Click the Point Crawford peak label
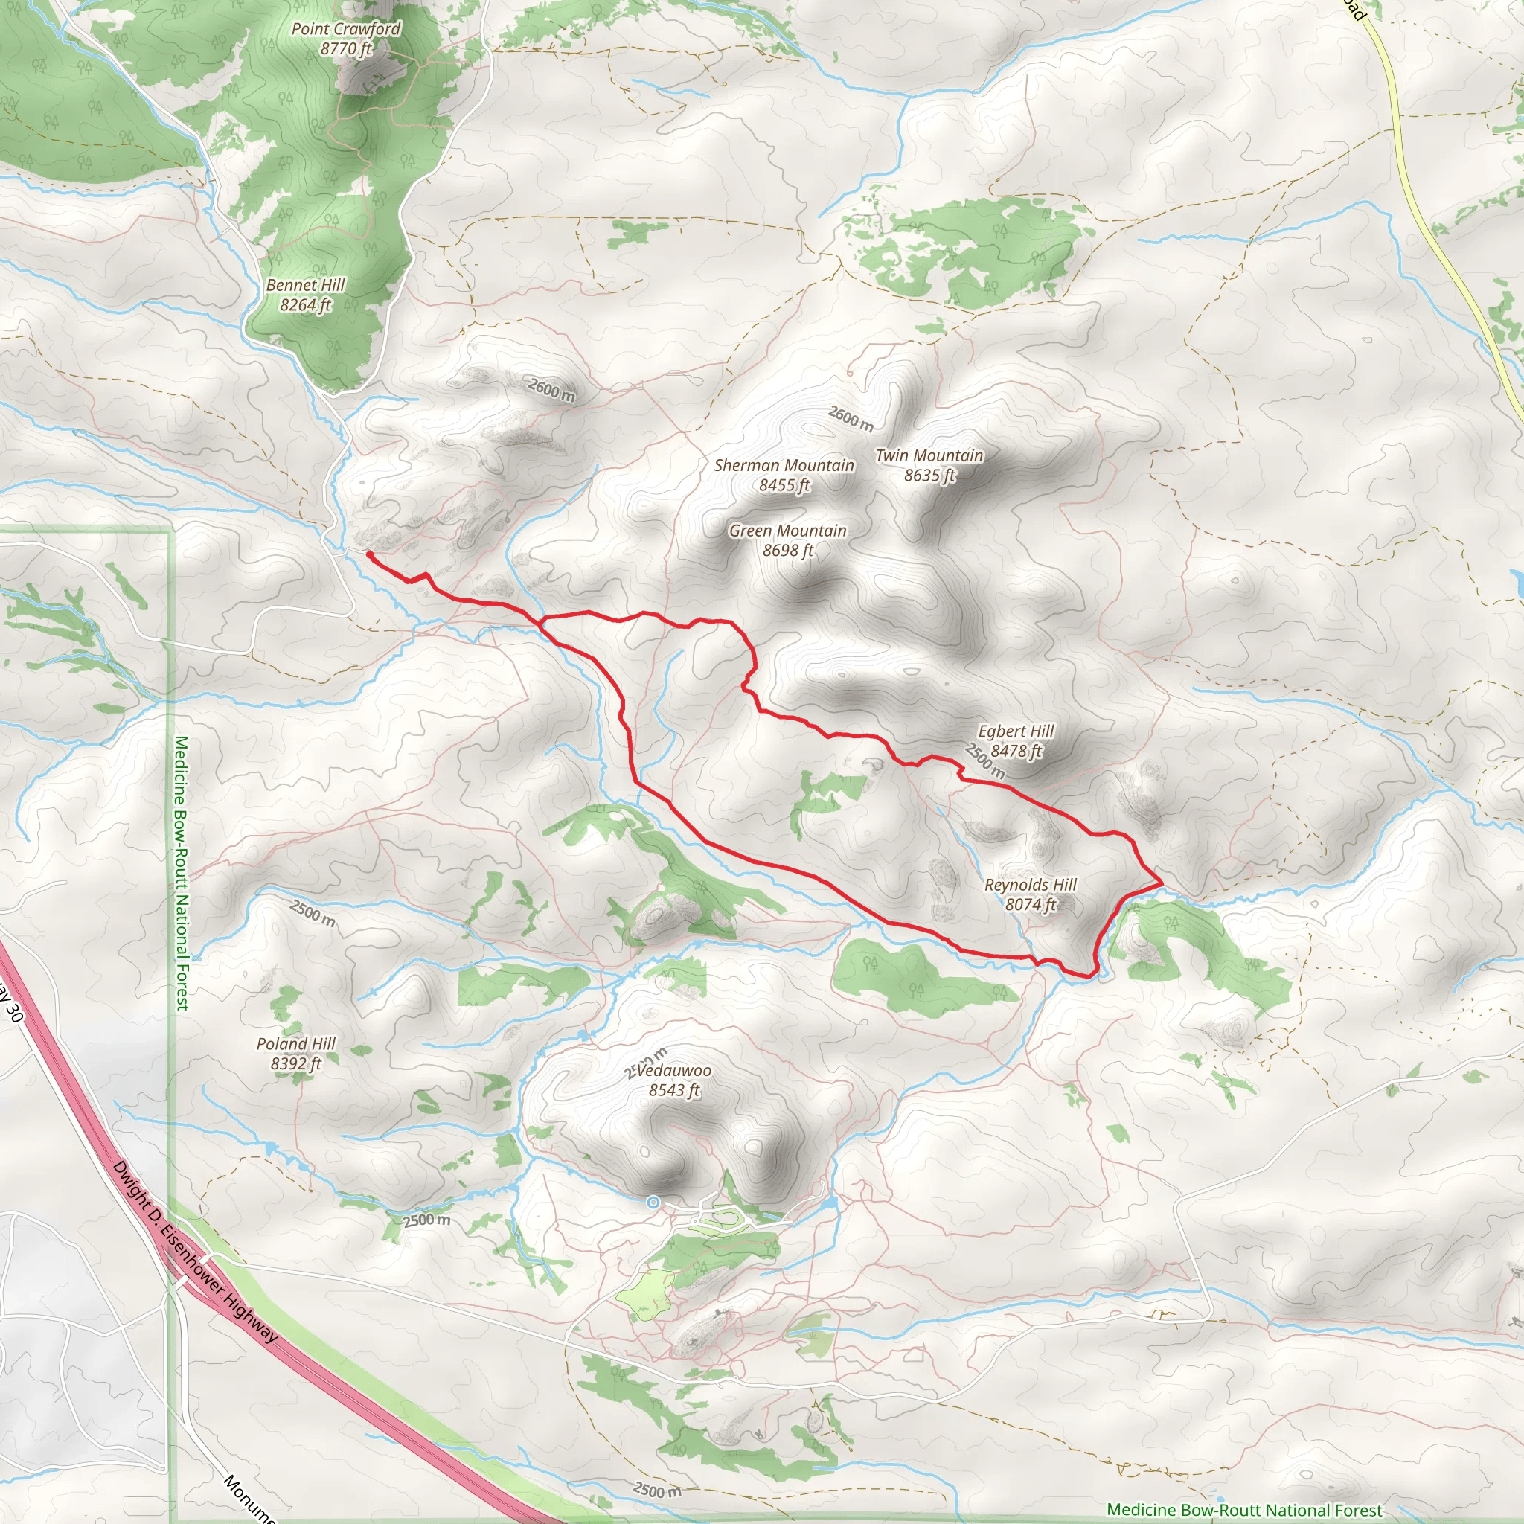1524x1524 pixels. click(x=345, y=29)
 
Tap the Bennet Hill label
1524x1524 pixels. click(x=305, y=285)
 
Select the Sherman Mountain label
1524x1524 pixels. click(x=784, y=465)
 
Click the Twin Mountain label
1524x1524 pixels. click(x=929, y=455)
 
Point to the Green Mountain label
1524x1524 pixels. click(x=787, y=531)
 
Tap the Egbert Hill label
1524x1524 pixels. click(x=1015, y=731)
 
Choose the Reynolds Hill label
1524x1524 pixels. click(x=1030, y=884)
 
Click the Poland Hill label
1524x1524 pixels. click(x=296, y=1043)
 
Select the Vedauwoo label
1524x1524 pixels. click(x=673, y=1070)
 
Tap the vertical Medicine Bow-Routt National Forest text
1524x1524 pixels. click(x=182, y=872)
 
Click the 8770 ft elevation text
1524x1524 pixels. click(x=345, y=49)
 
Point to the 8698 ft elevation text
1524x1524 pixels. click(x=787, y=551)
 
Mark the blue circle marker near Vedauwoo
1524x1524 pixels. click(x=653, y=1203)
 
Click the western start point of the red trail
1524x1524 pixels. click(x=369, y=554)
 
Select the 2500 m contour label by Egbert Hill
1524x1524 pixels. click(x=984, y=761)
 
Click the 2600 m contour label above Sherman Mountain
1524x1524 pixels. click(x=851, y=418)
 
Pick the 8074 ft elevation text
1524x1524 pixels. click(x=1030, y=904)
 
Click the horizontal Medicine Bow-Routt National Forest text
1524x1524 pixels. click(x=1244, y=1509)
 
